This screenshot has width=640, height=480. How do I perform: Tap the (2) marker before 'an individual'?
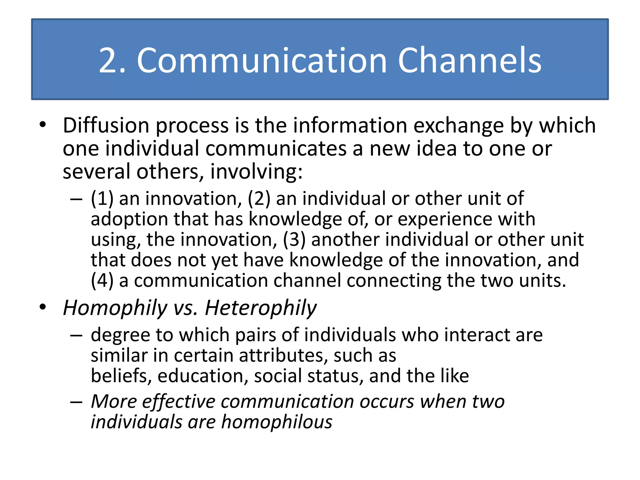[x=259, y=199]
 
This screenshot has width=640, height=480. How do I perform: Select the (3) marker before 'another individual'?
[x=294, y=240]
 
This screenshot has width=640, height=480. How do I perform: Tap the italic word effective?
[x=179, y=402]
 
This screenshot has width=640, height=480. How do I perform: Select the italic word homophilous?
[x=277, y=422]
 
